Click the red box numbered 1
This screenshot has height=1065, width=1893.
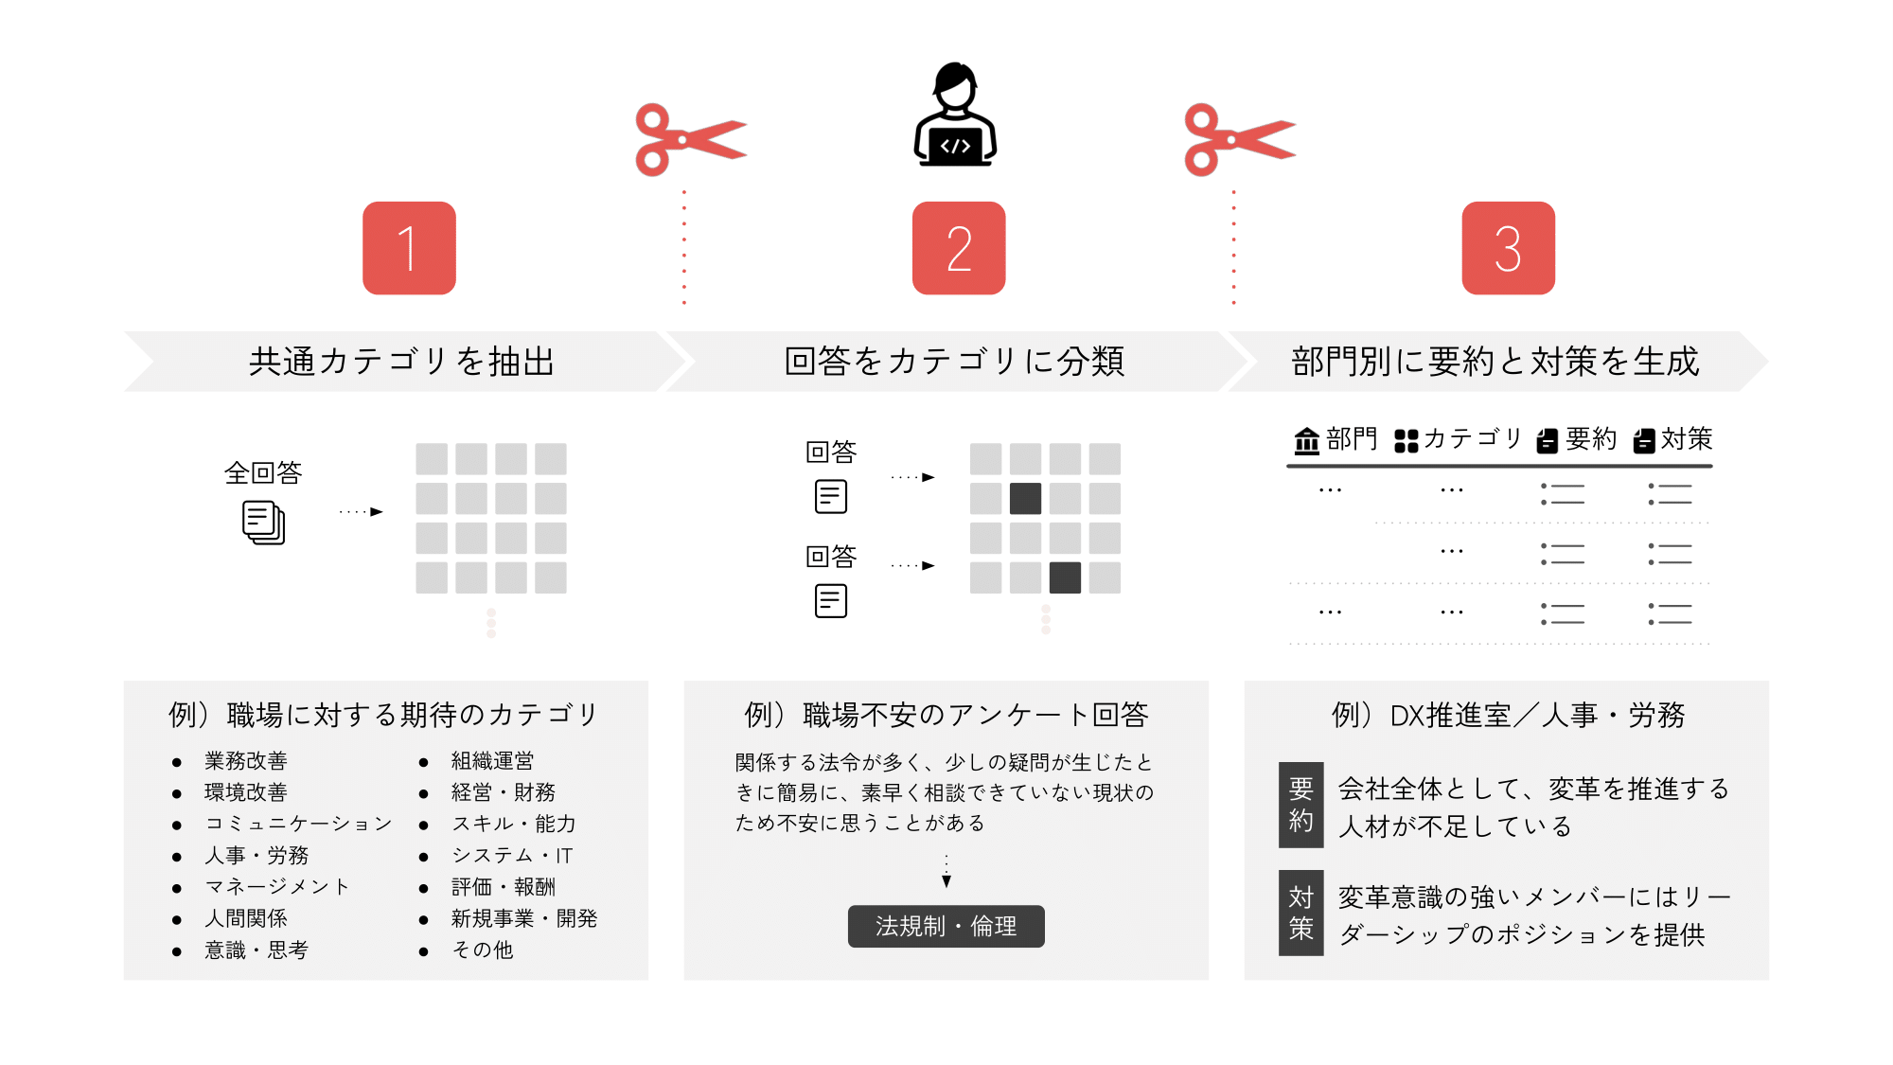pyautogui.click(x=409, y=248)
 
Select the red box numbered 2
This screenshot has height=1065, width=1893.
pyautogui.click(x=958, y=248)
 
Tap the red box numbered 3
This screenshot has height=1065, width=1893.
pyautogui.click(x=1508, y=248)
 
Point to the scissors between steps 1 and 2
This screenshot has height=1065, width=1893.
pyautogui.click(x=689, y=140)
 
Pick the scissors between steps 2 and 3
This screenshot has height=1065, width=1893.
pyautogui.click(x=1238, y=140)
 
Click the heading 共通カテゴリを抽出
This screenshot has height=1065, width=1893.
pyautogui.click(x=401, y=362)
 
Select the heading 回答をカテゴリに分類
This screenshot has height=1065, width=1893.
pyautogui.click(x=954, y=362)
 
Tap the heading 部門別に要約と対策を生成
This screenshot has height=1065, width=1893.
pyautogui.click(x=1495, y=362)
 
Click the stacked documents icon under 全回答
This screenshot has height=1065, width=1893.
pyautogui.click(x=263, y=523)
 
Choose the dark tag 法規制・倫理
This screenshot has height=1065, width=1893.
pyautogui.click(x=946, y=926)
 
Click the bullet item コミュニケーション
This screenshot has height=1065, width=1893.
pyautogui.click(x=298, y=824)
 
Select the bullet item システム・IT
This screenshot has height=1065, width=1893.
pyautogui.click(x=512, y=856)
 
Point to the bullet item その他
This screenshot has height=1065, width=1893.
pyautogui.click(x=483, y=950)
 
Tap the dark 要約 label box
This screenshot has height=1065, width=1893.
pyautogui.click(x=1300, y=804)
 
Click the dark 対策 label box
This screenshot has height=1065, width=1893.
pyautogui.click(x=1300, y=913)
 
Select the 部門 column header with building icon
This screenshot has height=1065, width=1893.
pyautogui.click(x=1336, y=439)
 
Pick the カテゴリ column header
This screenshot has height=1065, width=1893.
pyautogui.click(x=1458, y=439)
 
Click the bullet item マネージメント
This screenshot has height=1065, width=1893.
pyautogui.click(x=277, y=887)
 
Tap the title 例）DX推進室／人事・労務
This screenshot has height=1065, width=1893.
pyautogui.click(x=1508, y=715)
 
